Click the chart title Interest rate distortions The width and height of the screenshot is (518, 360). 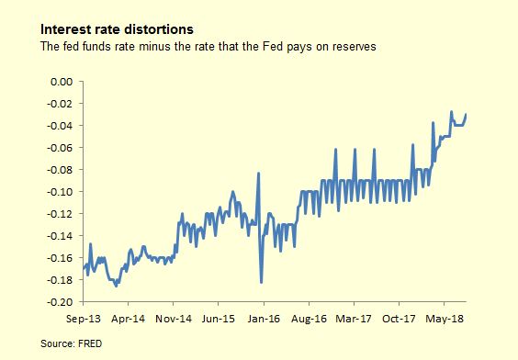tap(117, 29)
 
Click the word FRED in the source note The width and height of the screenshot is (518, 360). tap(90, 343)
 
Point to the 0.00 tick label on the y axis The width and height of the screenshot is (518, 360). tap(62, 82)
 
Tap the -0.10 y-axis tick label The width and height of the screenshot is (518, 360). tap(60, 192)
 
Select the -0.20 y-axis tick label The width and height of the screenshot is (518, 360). tap(60, 302)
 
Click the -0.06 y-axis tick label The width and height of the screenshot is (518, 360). tap(60, 148)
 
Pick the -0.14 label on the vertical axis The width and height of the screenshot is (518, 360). tap(60, 236)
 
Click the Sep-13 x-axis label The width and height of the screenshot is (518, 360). tap(83, 319)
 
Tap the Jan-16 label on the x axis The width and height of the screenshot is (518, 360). tap(264, 319)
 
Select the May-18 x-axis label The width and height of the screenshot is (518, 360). tap(445, 319)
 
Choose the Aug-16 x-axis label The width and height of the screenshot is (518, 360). tap(309, 319)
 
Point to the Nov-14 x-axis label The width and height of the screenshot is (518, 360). tap(174, 319)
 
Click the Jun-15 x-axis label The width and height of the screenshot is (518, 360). tap(219, 319)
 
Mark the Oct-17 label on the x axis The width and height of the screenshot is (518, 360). tap(399, 319)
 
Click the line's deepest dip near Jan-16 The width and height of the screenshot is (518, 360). tap(262, 282)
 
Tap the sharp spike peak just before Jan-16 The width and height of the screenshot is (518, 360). tap(259, 173)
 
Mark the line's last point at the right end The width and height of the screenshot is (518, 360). tap(466, 114)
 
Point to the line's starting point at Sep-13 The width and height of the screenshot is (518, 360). tap(84, 268)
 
